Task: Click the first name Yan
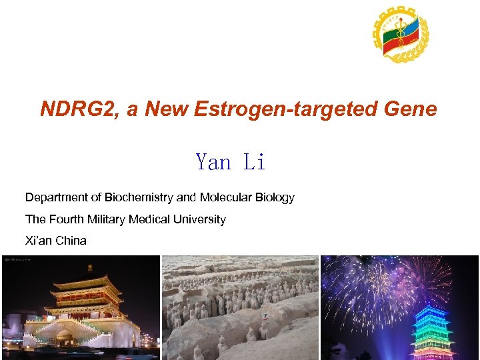213,162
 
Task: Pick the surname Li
255,162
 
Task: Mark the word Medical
151,219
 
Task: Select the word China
71,241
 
